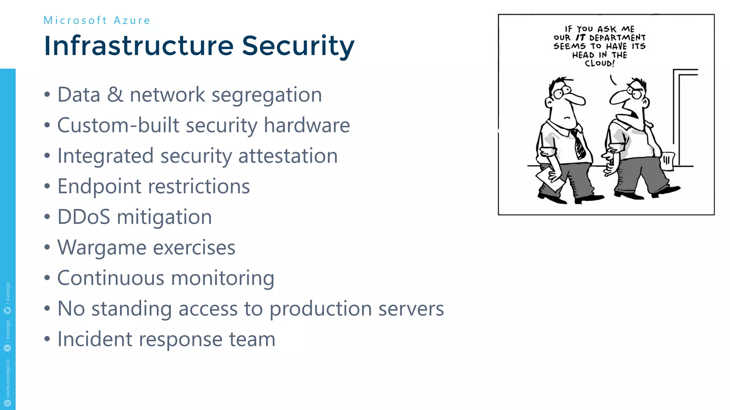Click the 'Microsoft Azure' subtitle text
97,21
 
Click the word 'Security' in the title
298,46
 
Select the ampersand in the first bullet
115,95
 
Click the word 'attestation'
288,156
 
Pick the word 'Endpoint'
99,187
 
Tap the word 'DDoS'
84,217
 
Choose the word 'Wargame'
102,248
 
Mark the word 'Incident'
94,339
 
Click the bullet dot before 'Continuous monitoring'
47,278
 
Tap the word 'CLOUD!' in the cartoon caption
600,63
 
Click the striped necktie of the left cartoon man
578,144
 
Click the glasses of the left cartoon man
561,92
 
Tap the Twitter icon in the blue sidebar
7,310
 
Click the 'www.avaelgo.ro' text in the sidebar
8,378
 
